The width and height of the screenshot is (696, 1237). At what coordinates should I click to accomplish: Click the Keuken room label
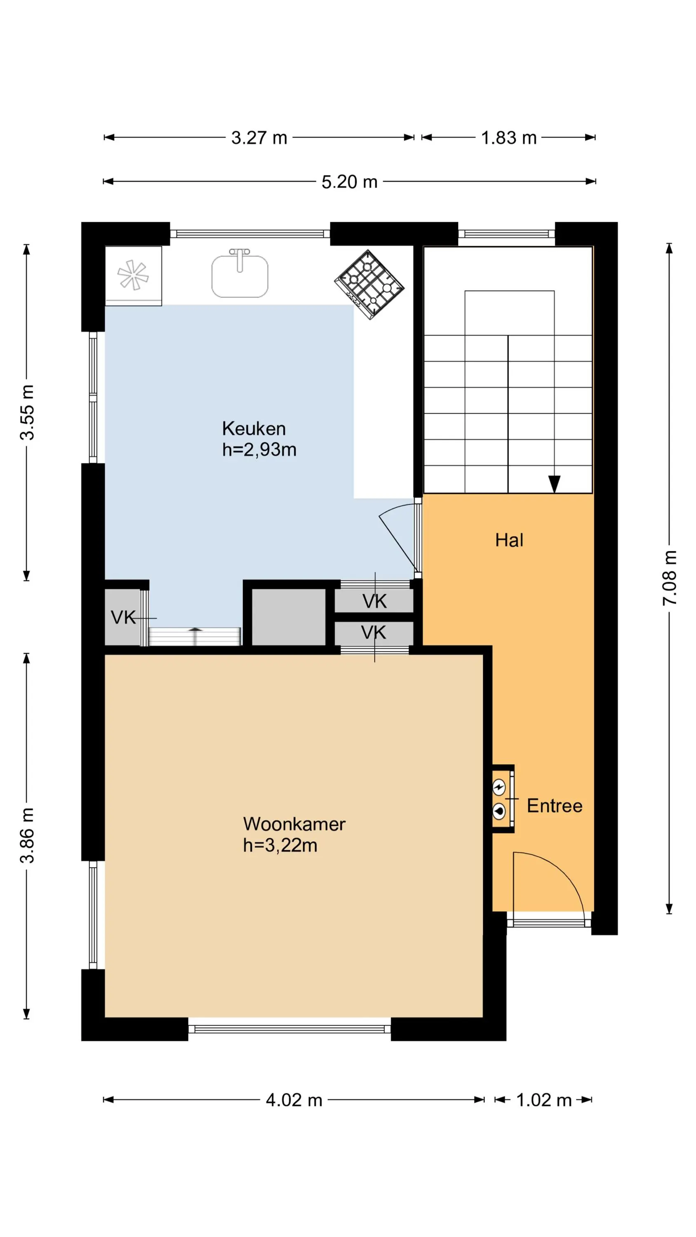254,428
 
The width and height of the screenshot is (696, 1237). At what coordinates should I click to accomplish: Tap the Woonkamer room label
294,824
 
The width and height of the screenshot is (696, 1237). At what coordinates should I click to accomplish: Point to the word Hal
509,540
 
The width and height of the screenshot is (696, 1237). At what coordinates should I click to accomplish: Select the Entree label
555,806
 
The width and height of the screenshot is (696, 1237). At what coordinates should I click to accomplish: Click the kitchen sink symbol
240,274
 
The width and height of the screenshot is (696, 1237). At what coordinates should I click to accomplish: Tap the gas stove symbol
369,284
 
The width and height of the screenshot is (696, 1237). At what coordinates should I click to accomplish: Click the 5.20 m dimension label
349,182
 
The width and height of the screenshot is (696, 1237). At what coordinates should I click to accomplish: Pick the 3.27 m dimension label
259,138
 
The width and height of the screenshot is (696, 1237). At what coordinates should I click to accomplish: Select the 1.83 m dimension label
509,138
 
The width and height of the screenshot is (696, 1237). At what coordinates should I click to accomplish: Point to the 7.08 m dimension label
670,578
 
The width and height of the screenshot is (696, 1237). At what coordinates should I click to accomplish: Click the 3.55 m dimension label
27,412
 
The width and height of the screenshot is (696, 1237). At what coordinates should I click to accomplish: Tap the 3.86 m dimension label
27,835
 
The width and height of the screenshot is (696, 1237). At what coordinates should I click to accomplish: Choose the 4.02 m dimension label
294,1100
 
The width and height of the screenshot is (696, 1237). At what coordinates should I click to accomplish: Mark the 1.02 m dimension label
544,1100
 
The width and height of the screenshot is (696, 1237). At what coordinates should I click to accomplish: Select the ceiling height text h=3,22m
280,846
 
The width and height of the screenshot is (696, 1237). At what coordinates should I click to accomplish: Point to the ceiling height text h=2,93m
259,449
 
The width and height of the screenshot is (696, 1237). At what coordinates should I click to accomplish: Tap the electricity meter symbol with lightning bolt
499,788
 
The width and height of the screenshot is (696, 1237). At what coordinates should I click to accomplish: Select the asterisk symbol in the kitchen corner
133,275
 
